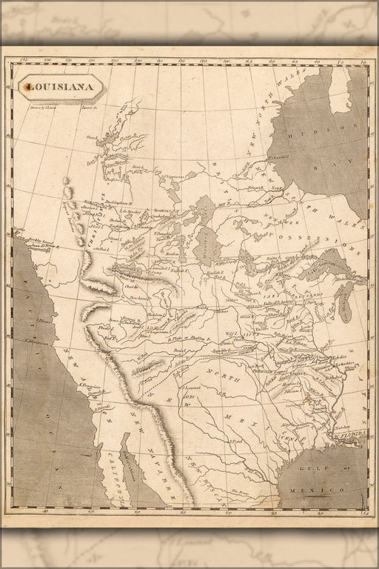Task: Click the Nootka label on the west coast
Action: [18, 229]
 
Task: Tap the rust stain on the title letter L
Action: [28, 87]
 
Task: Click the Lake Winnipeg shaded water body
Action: [205, 244]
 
